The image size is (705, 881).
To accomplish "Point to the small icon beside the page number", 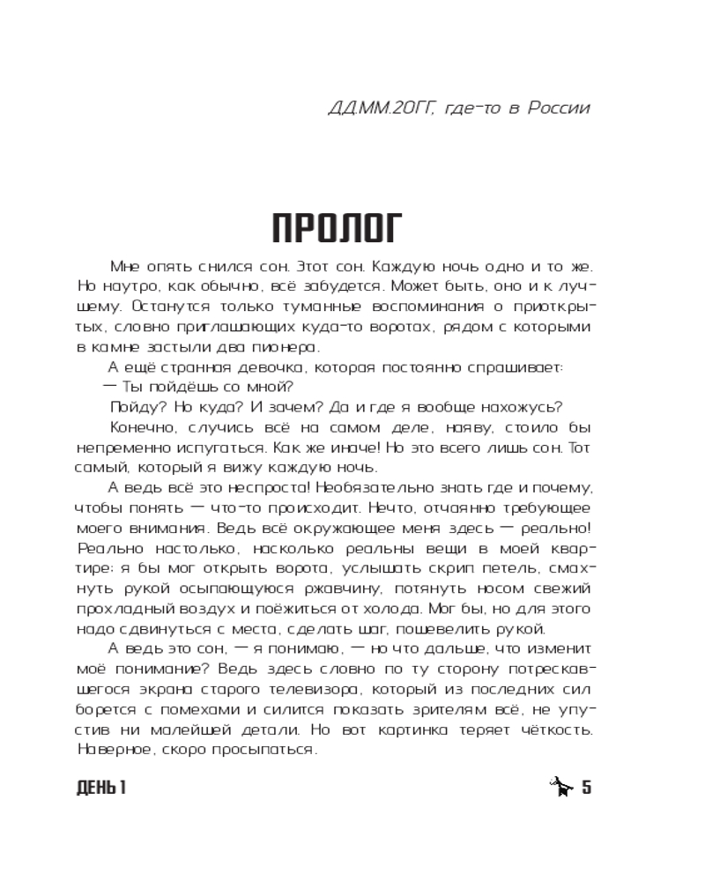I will [560, 786].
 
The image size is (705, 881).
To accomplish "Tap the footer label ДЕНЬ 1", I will [102, 788].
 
